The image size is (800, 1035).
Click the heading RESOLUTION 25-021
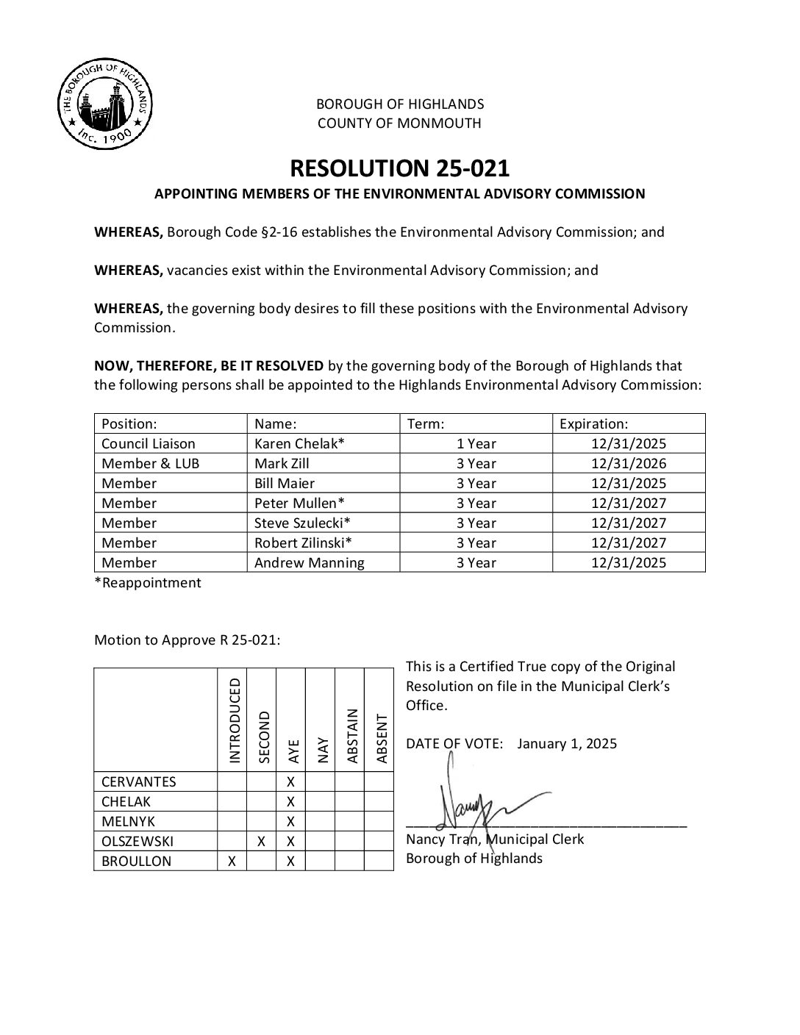pos(399,168)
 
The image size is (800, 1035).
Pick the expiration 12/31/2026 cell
pos(628,464)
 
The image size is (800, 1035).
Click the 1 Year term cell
pos(476,444)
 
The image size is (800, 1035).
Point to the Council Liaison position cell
pos(149,444)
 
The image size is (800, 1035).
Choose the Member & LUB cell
pos(150,464)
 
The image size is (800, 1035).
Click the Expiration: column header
pos(593,424)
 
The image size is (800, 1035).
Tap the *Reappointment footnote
pos(148,583)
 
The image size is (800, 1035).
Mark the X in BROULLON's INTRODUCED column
pos(232,862)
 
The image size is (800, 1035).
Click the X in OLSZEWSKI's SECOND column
pos(261,842)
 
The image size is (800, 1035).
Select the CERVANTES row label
pos(139,782)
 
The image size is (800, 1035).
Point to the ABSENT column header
pos(381,738)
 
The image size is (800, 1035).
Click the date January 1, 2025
pos(567,743)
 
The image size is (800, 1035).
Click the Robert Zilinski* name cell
pos(303,543)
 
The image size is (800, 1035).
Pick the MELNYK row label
pos(129,822)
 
